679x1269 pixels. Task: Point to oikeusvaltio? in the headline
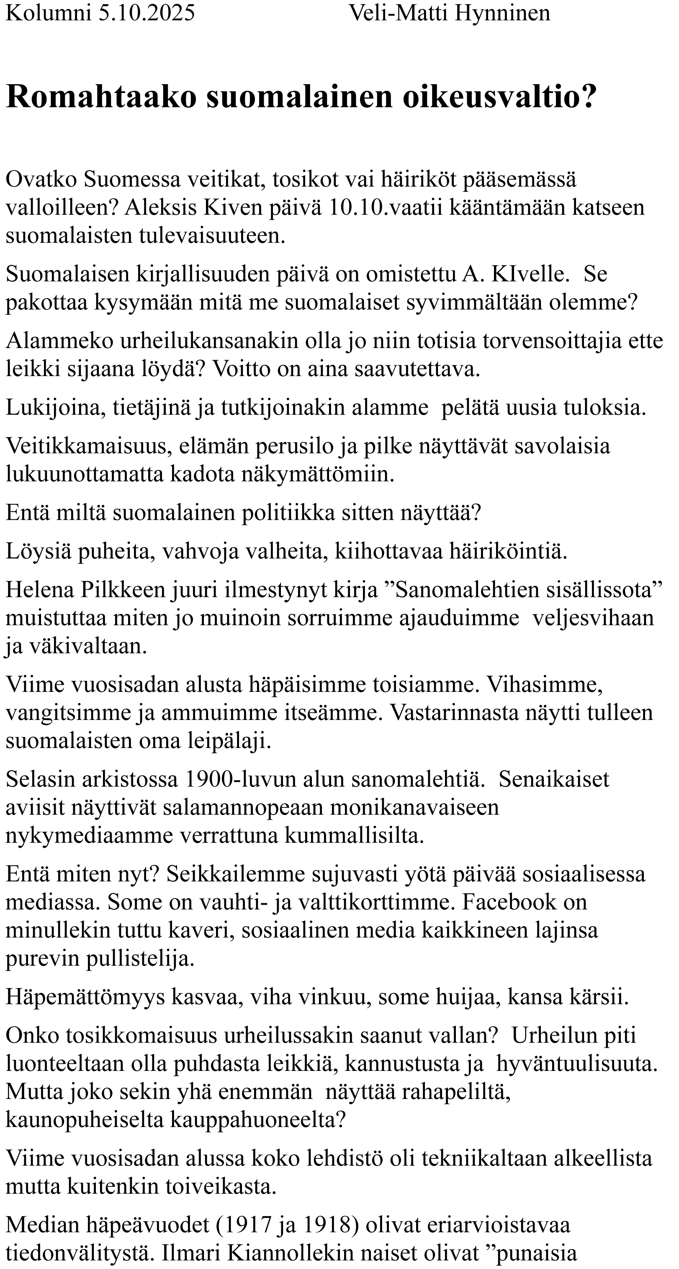point(499,97)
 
